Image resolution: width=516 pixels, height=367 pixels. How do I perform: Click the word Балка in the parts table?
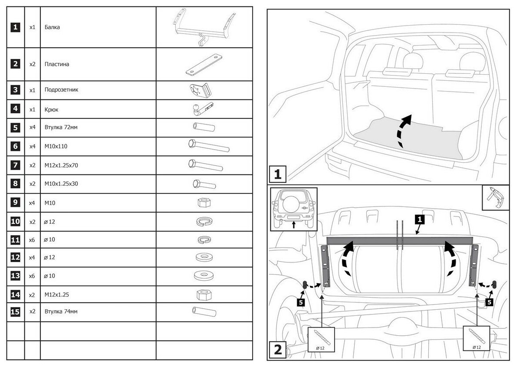pos(52,27)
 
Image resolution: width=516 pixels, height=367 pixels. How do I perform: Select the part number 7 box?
pos(16,165)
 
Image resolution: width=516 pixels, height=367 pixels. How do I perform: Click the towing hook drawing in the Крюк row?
pos(202,109)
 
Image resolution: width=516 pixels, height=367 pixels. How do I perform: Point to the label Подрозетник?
pos(61,90)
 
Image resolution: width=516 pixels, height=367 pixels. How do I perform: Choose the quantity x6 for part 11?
pos(32,239)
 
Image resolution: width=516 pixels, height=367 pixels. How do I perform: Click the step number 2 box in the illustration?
pos(278,349)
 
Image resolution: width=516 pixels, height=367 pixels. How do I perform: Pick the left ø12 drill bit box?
pos(321,339)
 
